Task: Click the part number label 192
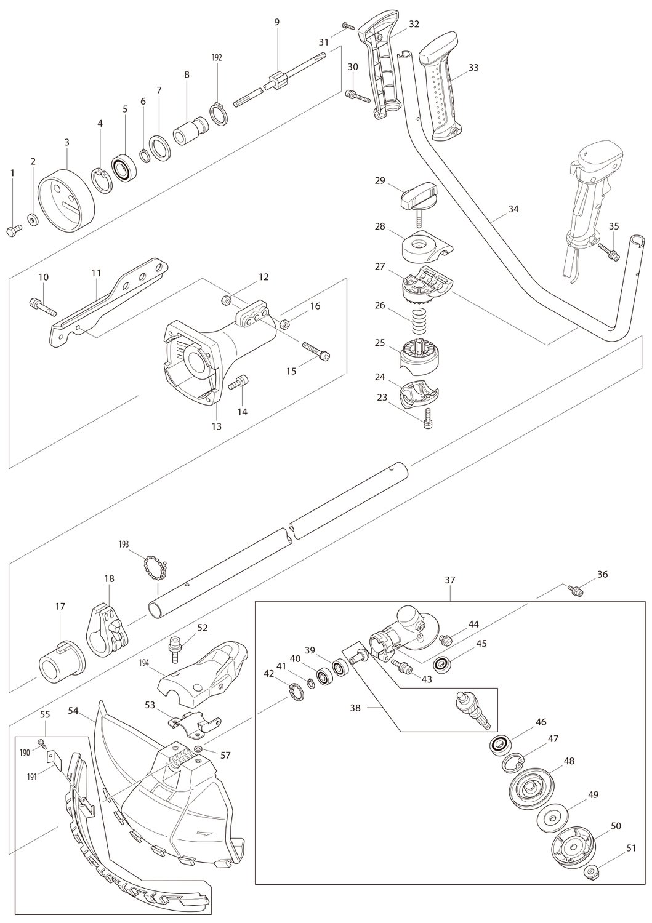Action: (x=216, y=57)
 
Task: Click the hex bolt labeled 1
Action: (x=13, y=230)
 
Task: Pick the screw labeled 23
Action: (x=429, y=422)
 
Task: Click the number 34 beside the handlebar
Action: (x=513, y=209)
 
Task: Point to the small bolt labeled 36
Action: (x=577, y=591)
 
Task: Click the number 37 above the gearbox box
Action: (x=450, y=580)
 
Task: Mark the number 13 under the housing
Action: (x=217, y=426)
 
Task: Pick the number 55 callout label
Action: (x=45, y=716)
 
